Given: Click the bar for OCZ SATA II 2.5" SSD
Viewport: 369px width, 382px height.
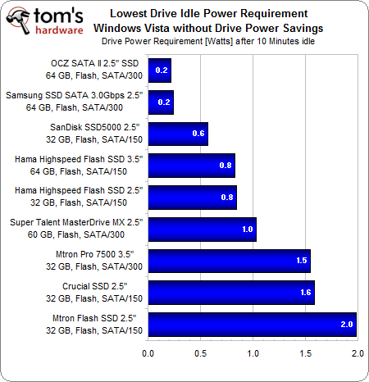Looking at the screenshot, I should (x=160, y=70).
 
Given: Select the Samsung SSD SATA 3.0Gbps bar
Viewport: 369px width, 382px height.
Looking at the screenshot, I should (x=161, y=102).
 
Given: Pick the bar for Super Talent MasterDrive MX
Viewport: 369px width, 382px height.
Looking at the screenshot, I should (x=202, y=230).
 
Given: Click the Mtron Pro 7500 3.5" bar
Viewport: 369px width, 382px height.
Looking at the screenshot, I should (x=229, y=261).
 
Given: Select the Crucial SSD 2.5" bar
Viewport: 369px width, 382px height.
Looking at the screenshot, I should (x=231, y=293).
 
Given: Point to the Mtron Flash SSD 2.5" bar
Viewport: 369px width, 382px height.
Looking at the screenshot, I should (x=253, y=325).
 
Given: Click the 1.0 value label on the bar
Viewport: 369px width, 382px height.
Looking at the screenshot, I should (x=247, y=230).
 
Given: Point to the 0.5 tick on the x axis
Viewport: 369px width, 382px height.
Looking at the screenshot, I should (x=201, y=353).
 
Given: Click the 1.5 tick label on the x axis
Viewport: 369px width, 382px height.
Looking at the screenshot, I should (x=305, y=353).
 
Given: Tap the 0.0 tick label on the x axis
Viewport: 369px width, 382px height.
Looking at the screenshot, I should (x=148, y=353).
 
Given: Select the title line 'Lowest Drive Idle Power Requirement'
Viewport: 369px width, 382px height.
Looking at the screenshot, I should (x=235, y=13).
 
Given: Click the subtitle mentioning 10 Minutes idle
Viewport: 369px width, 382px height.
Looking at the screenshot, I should (x=235, y=39).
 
